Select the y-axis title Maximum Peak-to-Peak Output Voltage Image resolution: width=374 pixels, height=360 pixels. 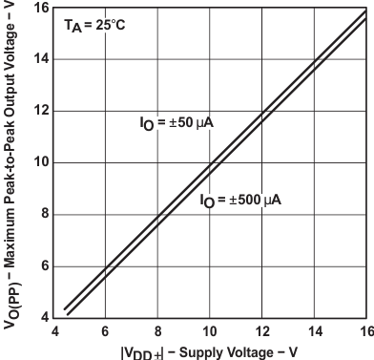point(10,143)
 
